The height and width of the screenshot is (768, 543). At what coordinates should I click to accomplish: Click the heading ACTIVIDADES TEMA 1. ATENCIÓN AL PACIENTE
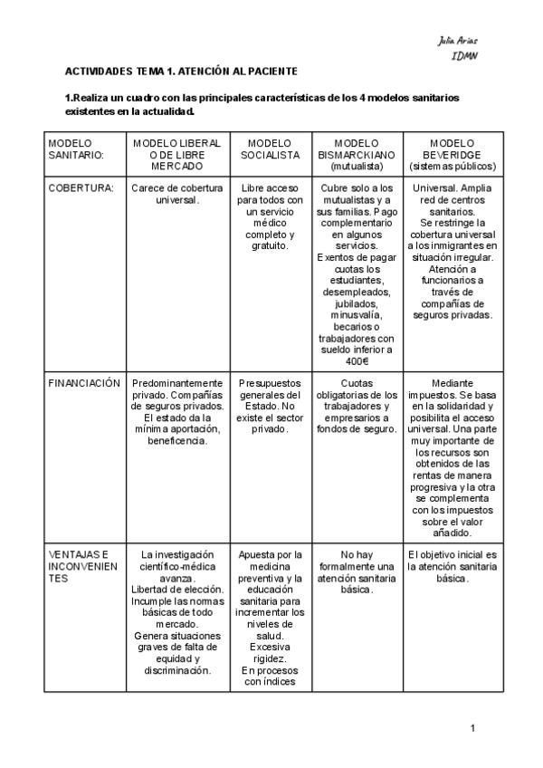[181, 71]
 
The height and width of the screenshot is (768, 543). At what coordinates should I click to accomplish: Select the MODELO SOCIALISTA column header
[269, 149]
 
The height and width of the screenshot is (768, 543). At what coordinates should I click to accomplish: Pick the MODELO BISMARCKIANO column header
[357, 155]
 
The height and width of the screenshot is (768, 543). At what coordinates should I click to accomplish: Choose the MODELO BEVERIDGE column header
[452, 155]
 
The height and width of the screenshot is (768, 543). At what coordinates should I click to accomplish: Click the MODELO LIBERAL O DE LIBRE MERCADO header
[177, 155]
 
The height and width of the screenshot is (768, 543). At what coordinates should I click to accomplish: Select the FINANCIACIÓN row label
[83, 383]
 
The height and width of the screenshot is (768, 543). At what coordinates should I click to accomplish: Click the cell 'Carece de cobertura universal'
[177, 194]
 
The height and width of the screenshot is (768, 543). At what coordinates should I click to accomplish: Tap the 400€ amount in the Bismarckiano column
[357, 360]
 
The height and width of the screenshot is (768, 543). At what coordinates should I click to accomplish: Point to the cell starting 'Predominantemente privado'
[177, 412]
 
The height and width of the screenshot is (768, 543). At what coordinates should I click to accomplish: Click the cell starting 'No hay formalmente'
[357, 571]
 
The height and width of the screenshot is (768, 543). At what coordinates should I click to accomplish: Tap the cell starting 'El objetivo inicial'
[452, 566]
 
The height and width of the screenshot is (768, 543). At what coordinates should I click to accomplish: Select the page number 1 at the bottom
[473, 728]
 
